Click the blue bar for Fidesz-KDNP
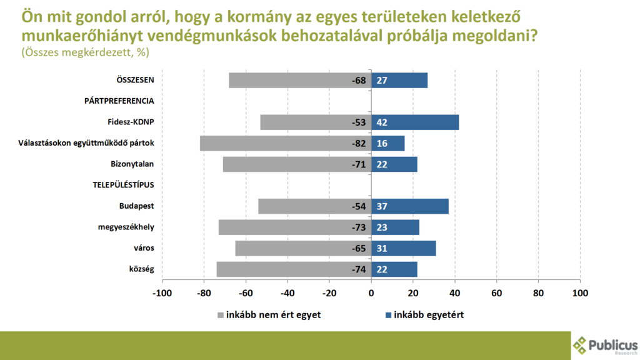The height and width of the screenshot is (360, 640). click(415, 122)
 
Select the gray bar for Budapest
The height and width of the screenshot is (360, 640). click(314, 206)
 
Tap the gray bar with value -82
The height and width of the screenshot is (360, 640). click(286, 143)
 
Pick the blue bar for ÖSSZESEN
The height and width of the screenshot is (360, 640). click(399, 80)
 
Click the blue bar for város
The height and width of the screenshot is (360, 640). click(403, 248)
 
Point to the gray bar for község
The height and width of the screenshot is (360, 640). click(294, 269)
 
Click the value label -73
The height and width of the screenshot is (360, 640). click(358, 227)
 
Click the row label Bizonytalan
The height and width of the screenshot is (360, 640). click(132, 164)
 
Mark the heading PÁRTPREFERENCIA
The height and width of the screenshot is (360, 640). click(119, 101)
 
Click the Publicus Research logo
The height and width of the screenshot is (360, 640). click(605, 345)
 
